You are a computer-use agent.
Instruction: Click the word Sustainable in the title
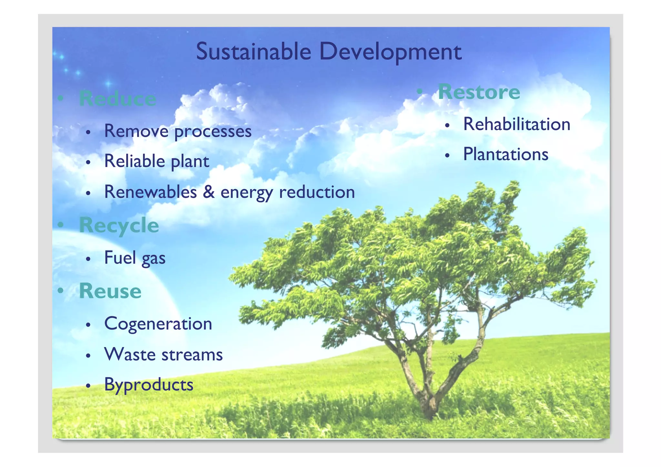tap(253, 52)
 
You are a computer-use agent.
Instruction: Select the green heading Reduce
tap(117, 98)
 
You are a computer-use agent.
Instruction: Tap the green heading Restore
tap(479, 92)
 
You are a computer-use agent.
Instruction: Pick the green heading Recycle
tap(119, 225)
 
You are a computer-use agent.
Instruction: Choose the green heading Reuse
tap(110, 291)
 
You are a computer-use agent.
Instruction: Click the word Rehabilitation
tap(516, 124)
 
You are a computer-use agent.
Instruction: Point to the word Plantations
tap(505, 154)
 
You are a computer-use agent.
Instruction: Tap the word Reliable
tap(135, 161)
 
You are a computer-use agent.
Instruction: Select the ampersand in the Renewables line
tap(208, 192)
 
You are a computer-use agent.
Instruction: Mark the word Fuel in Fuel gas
tap(120, 258)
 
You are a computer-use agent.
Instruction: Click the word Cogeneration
tap(158, 324)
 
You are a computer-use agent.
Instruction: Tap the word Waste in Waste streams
tap(130, 354)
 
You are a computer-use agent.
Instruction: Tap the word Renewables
tap(150, 192)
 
